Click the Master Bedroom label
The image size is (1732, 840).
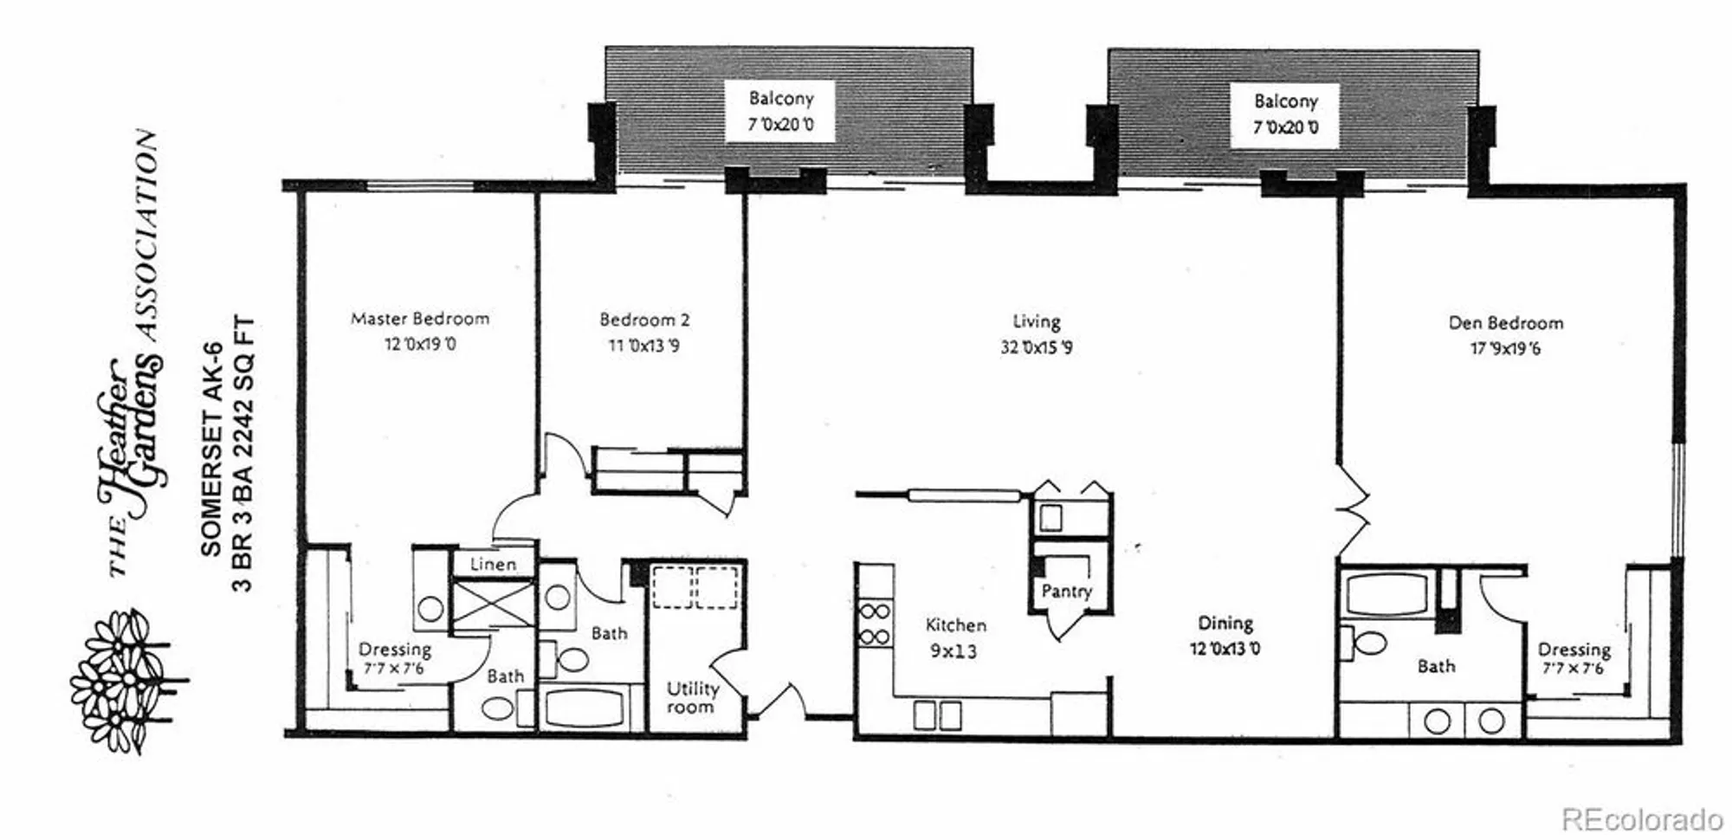pos(420,319)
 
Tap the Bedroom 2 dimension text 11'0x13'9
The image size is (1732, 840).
pos(643,346)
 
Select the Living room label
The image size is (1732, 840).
pos(1037,322)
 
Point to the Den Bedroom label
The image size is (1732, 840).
pos(1506,323)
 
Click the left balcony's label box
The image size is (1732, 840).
pos(780,112)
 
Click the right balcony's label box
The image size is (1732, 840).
pos(1285,114)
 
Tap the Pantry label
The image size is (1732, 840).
pos(1066,591)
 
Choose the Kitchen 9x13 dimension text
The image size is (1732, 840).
pos(953,651)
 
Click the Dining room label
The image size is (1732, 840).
pos(1225,624)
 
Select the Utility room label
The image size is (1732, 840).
pos(692,697)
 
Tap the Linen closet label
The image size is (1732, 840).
pos(493,565)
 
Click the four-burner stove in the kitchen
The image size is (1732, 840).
pos(875,624)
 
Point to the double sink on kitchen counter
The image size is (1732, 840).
pos(937,715)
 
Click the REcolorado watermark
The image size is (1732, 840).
pos(1641,817)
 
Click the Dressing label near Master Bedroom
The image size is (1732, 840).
pos(395,649)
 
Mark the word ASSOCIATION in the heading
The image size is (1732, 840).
pos(147,234)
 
